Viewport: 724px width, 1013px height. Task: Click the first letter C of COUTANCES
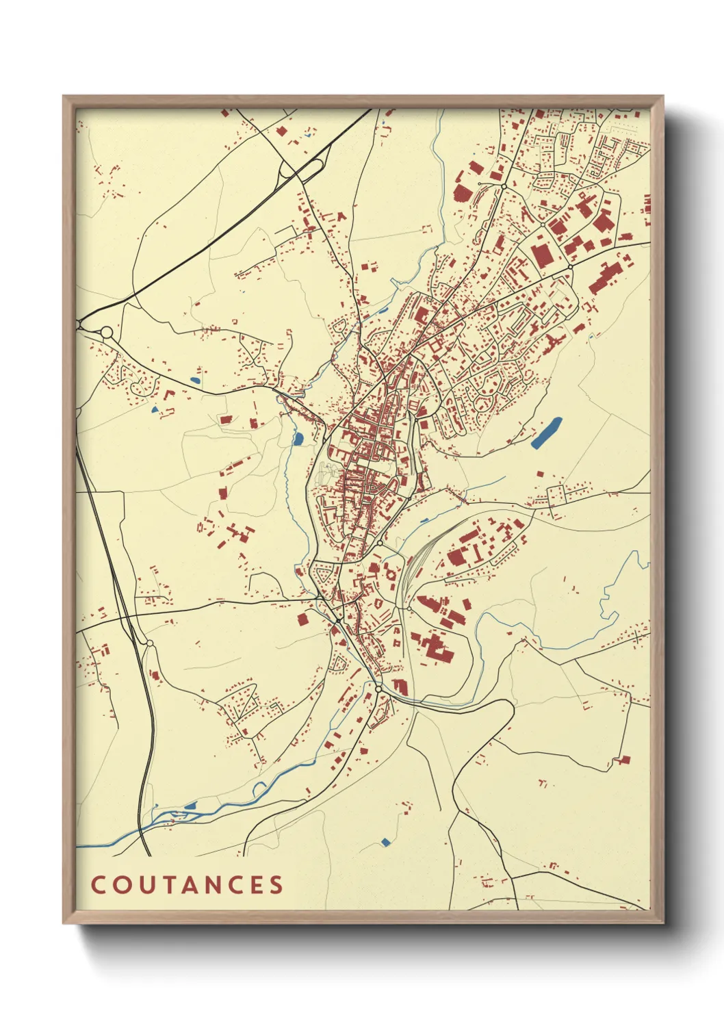[x=97, y=885]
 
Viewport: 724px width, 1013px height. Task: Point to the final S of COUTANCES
[x=276, y=885]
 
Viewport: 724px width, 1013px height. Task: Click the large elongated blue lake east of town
[x=547, y=433]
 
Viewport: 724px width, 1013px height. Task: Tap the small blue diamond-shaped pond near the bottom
[x=385, y=841]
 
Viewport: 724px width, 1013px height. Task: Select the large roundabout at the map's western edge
[x=107, y=333]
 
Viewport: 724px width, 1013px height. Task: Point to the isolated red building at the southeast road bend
[x=622, y=760]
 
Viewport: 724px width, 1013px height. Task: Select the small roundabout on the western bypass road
[x=149, y=643]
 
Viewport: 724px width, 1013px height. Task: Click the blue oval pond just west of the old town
[x=298, y=439]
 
